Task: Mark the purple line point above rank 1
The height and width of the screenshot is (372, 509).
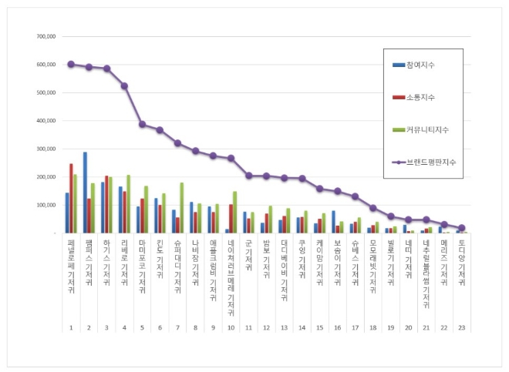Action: tap(71, 64)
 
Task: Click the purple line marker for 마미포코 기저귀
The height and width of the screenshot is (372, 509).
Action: tap(142, 124)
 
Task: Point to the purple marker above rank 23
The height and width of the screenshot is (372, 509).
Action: tap(461, 228)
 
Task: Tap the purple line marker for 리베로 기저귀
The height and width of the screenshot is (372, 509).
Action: tap(124, 85)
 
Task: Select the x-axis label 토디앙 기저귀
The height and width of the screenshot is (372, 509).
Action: tap(461, 262)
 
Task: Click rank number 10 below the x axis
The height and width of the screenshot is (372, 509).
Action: tap(231, 327)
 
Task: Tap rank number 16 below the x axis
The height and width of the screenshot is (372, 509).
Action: tap(337, 327)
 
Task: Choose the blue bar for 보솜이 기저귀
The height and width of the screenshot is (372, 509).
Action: tap(333, 222)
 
